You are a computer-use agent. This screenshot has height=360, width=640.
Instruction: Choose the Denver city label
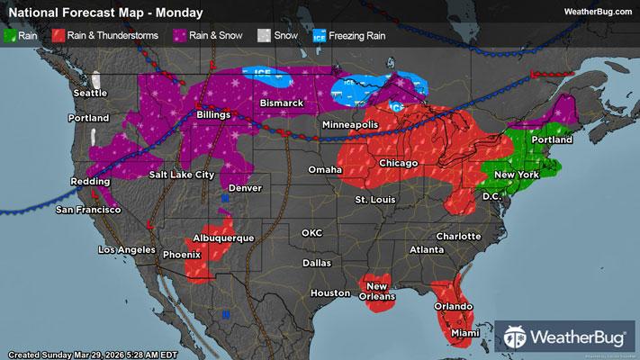[245, 188]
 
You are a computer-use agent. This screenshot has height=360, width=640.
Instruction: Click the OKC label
[311, 232]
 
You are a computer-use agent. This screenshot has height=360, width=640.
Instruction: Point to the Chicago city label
[398, 163]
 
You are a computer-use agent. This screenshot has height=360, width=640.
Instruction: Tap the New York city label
[517, 173]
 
